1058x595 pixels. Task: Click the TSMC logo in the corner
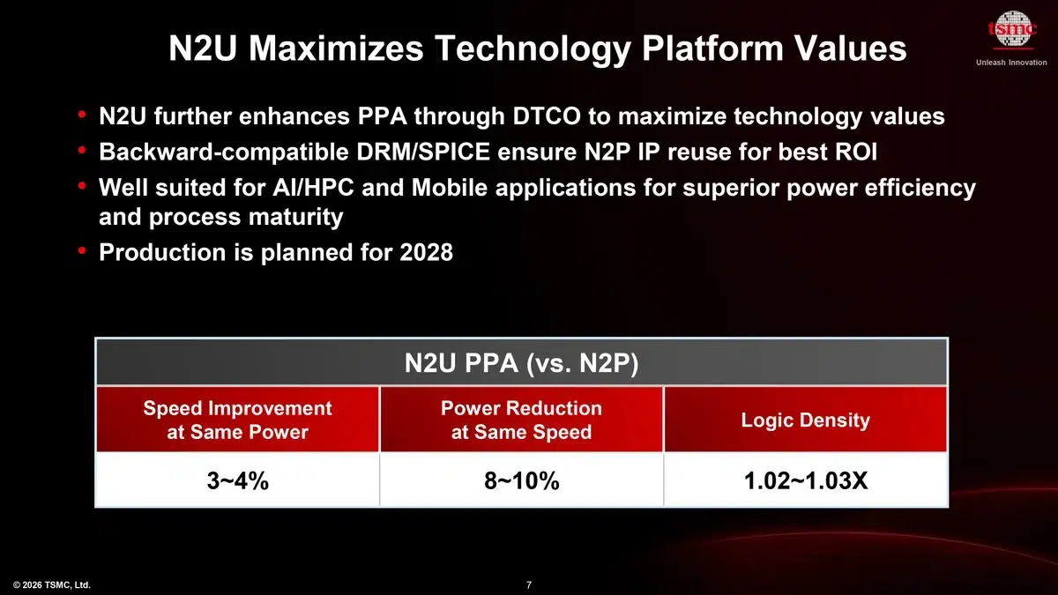click(x=1010, y=33)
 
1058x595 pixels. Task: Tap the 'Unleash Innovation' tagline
click(x=1011, y=63)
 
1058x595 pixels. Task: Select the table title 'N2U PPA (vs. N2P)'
click(x=521, y=363)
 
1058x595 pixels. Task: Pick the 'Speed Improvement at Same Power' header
click(x=237, y=420)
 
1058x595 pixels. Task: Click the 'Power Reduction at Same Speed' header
click(x=521, y=420)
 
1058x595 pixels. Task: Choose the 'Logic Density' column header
click(x=805, y=420)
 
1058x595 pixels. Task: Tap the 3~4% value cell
click(x=237, y=481)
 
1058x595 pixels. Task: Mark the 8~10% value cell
click(x=521, y=481)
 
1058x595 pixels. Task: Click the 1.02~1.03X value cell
click(x=805, y=481)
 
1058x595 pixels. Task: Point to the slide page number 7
click(x=528, y=584)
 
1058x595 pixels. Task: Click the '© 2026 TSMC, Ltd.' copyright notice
click(x=52, y=584)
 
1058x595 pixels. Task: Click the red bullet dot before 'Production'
click(x=82, y=252)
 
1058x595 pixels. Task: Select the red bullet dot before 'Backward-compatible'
click(x=82, y=151)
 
